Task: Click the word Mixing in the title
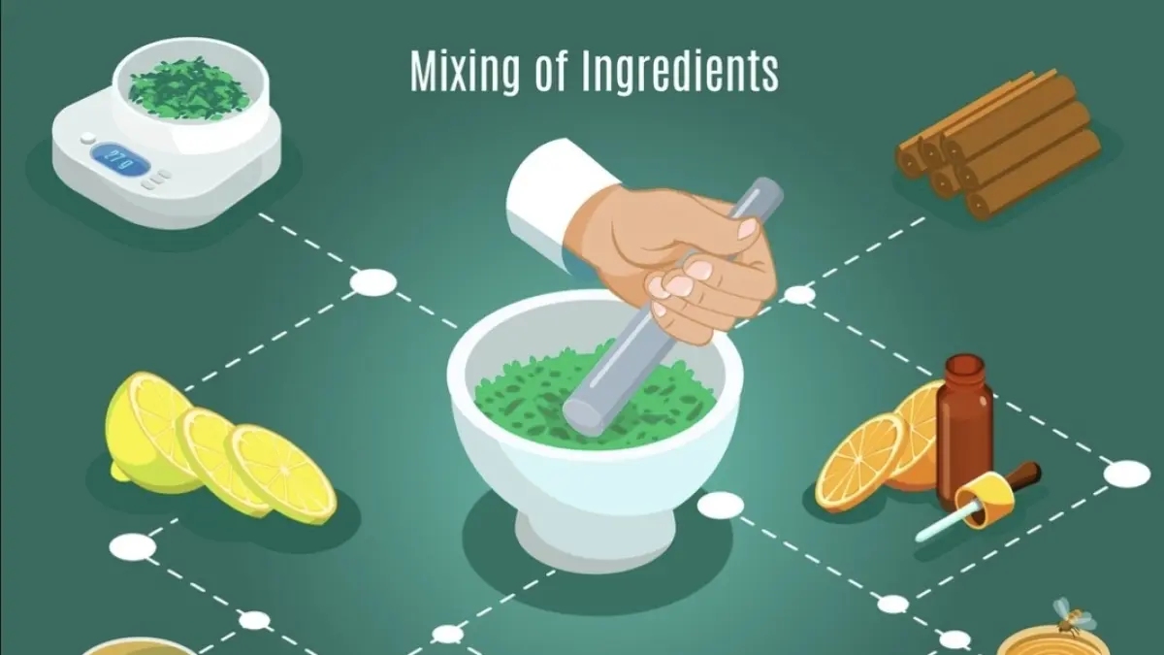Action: pos(465,73)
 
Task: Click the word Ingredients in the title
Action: pos(680,71)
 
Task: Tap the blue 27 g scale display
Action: pos(120,156)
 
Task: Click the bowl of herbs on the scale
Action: pos(191,89)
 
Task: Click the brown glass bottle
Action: pos(964,431)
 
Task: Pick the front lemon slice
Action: pos(282,474)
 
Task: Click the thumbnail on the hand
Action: pos(748,229)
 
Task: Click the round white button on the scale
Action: pos(88,138)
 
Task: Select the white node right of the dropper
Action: pos(1126,475)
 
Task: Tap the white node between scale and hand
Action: pos(372,282)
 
